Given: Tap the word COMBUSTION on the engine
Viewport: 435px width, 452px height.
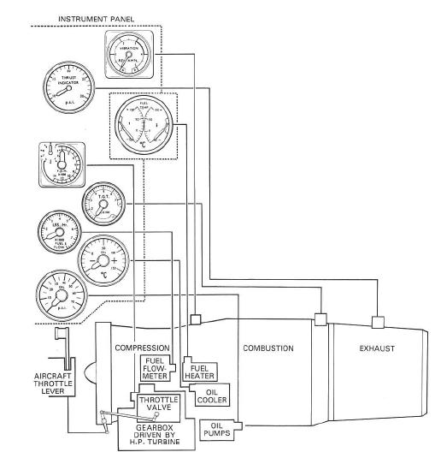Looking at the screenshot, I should point(267,348).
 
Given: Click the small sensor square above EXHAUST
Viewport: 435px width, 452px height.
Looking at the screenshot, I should point(376,322).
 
